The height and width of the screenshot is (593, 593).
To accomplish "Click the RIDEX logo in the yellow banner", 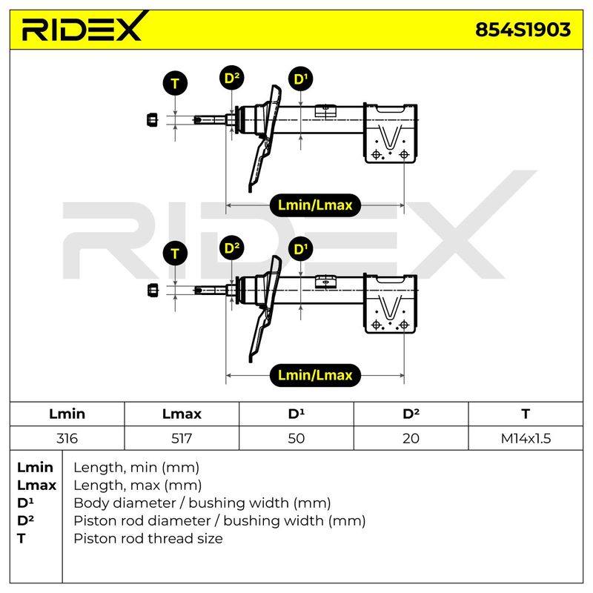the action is tap(84, 27).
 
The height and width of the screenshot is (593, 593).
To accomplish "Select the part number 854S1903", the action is tap(523, 30).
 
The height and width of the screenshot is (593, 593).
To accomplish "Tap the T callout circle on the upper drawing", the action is tap(175, 83).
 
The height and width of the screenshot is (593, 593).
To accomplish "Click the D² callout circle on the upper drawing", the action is tap(232, 78).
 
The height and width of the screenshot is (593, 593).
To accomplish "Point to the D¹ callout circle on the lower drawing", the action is tap(301, 249).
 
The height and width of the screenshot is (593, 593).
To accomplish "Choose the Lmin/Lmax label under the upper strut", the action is tap(315, 205).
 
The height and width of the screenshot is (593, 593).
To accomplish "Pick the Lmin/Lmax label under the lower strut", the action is tap(315, 375).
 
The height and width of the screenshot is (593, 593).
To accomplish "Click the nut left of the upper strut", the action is tap(152, 120).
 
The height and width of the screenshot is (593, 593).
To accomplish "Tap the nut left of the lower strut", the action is tap(152, 290).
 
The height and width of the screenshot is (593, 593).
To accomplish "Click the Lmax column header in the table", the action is tap(182, 414).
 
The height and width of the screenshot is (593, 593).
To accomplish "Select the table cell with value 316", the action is tap(67, 438).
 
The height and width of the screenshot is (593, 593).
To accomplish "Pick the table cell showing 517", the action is tap(182, 438).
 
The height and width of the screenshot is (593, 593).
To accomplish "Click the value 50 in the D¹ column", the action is tap(296, 438).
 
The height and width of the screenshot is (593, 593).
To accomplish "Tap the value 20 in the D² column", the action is tap(411, 438).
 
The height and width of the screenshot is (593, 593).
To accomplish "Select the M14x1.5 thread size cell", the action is tap(526, 438).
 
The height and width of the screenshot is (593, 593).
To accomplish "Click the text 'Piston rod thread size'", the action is tap(148, 539).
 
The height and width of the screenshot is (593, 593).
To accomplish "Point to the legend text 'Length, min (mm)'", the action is tap(136, 468).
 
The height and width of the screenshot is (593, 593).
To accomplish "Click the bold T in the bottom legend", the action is tap(21, 539).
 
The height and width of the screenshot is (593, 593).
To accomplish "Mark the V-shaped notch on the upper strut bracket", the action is tap(390, 137).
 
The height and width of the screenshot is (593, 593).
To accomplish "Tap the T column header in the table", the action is tap(526, 414).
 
